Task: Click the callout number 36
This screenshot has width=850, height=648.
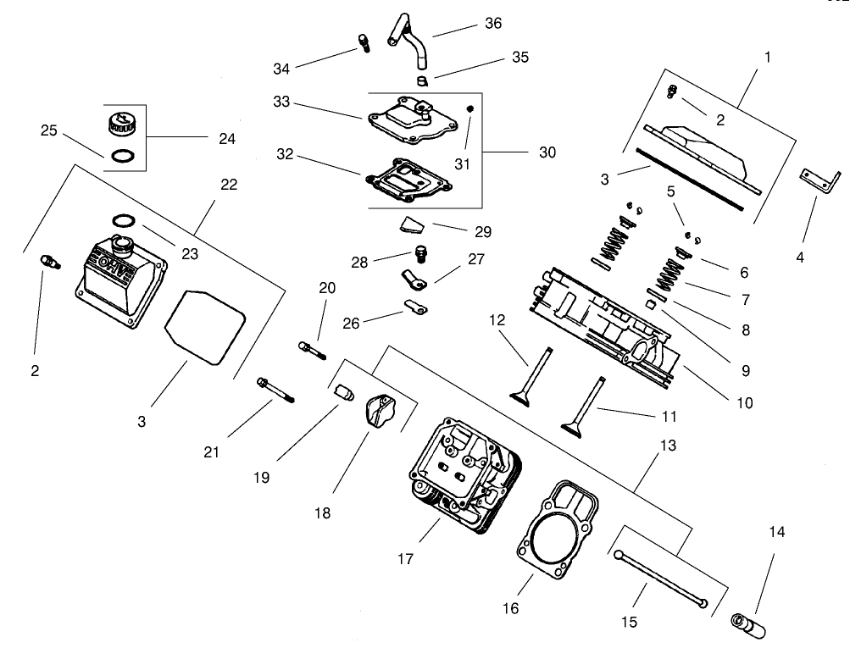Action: click(x=492, y=24)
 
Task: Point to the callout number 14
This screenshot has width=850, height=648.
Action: click(x=776, y=533)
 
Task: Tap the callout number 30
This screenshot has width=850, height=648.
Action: click(x=547, y=153)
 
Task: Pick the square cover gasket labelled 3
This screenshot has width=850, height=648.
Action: click(x=204, y=325)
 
